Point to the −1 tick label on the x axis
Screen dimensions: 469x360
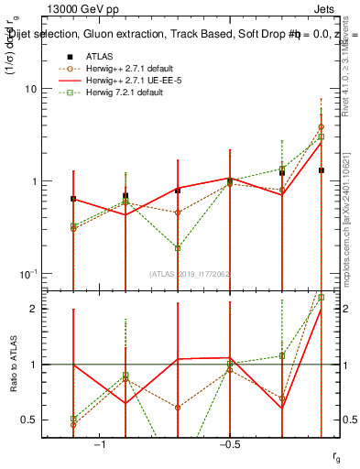pyautogui.click(x=101, y=443)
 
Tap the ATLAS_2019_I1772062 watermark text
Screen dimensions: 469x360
pyautogui.click(x=191, y=273)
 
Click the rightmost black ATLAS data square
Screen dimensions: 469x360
pyautogui.click(x=322, y=170)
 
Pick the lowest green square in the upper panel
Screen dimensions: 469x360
pyautogui.click(x=178, y=247)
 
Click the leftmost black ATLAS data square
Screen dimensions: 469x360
pyautogui.click(x=73, y=199)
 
